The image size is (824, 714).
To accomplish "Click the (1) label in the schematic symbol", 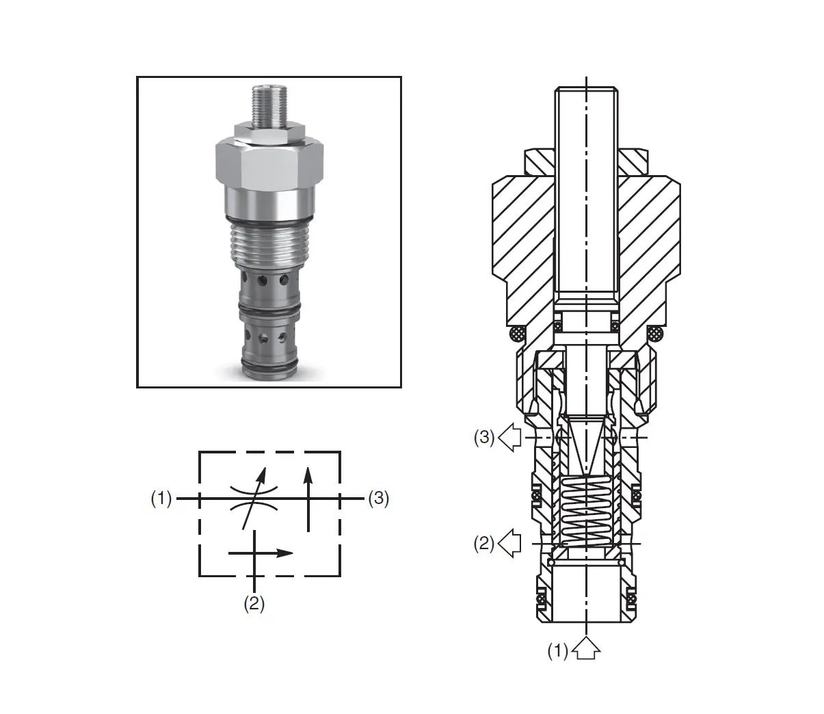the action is click(x=161, y=499).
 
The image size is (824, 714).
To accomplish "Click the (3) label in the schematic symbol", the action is click(x=378, y=499).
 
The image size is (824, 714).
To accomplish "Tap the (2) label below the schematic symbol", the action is click(x=254, y=604).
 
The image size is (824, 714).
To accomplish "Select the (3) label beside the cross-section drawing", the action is click(x=484, y=437).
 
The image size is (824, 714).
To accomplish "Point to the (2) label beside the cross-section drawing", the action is click(x=484, y=544).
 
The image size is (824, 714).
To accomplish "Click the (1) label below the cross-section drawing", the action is click(x=558, y=651).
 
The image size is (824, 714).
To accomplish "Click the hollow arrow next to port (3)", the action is click(x=510, y=437).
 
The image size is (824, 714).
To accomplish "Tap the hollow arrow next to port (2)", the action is click(x=510, y=544).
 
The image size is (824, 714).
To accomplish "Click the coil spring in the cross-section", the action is click(x=586, y=511).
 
